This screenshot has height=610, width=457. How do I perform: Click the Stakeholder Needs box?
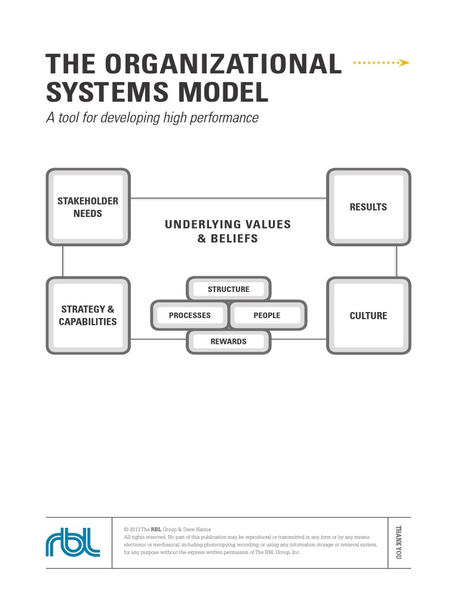coord(87,207)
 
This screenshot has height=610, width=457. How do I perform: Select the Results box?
coord(368,207)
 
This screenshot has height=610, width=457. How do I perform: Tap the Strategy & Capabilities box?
coord(87,316)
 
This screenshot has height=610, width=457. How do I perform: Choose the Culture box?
coord(368,316)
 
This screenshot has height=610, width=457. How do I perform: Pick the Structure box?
coord(228,290)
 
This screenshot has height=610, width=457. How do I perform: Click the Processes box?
coord(190,316)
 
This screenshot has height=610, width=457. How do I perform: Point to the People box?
coord(267,316)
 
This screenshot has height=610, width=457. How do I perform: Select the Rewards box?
coord(228,341)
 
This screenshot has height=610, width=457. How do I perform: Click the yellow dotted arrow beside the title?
coord(381,62)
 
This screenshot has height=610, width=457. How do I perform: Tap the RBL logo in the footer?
coord(73,541)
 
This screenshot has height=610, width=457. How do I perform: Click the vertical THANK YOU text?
coord(399,541)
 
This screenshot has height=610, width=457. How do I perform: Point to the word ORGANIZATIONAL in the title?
coord(232,64)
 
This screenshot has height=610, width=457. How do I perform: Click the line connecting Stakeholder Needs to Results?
coord(228,198)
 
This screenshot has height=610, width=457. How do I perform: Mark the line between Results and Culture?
coord(396,261)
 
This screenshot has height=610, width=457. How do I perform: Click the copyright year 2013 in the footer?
coord(135,529)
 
